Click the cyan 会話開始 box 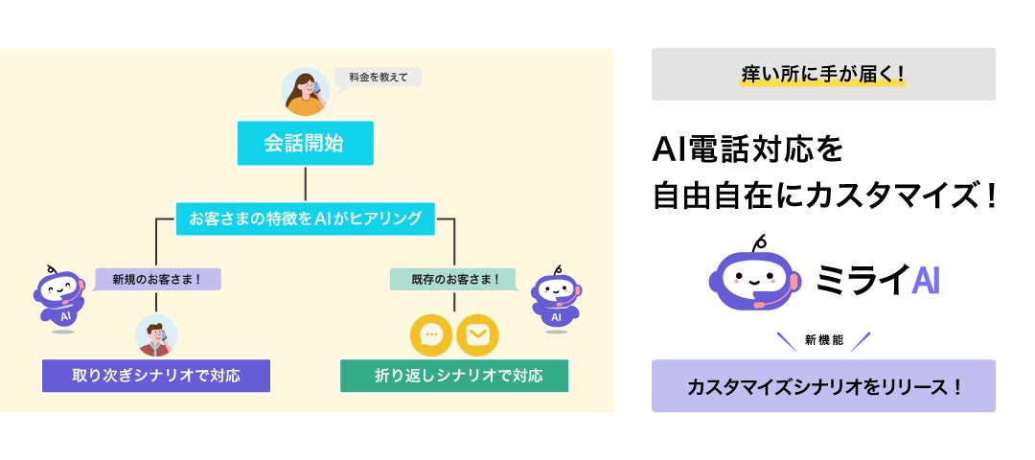point(305,146)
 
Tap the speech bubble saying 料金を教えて point(379,78)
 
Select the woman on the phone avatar point(305,92)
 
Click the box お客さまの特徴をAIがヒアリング point(305,218)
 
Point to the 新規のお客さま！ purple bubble point(157,279)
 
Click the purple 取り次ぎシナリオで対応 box point(156,376)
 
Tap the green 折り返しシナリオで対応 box point(454,376)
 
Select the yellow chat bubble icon point(430,334)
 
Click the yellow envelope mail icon point(477,334)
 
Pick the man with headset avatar point(156,334)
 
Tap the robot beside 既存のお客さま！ point(556,299)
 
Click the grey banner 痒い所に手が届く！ point(823,74)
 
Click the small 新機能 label point(823,340)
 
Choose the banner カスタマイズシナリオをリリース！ point(823,386)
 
